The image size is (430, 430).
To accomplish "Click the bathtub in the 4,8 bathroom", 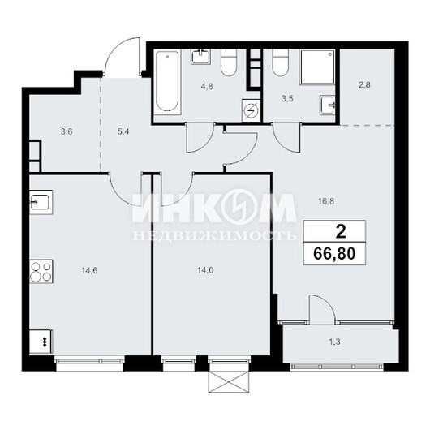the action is pos(168,82).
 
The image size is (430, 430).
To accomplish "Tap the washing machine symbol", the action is pos(251,110).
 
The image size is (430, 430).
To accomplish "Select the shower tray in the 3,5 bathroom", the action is pos(318,67).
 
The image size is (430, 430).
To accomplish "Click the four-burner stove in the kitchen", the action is pos(41,271).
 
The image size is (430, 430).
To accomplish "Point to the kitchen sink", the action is pos(41,202).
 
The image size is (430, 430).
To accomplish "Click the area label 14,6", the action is pos(89,271).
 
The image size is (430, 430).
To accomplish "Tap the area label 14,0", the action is pos(205,271).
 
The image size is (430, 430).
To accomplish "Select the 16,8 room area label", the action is pos(326,201).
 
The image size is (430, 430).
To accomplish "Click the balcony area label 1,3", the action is pos(335,342).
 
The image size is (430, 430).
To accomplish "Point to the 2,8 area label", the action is pos(365,85).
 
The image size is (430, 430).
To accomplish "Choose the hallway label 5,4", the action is pos(123,132).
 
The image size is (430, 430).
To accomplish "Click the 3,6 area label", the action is pos(67,132).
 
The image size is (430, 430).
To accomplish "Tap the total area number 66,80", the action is pos(334,254).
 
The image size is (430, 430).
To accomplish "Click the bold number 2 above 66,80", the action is pos(341,232).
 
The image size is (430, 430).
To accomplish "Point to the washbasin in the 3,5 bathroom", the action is pos(328,105).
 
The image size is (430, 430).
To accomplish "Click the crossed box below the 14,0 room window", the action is pos(230,382).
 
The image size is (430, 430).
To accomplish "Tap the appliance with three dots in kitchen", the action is pos(41,342).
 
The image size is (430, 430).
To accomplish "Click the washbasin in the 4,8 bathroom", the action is pos(201,56).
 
